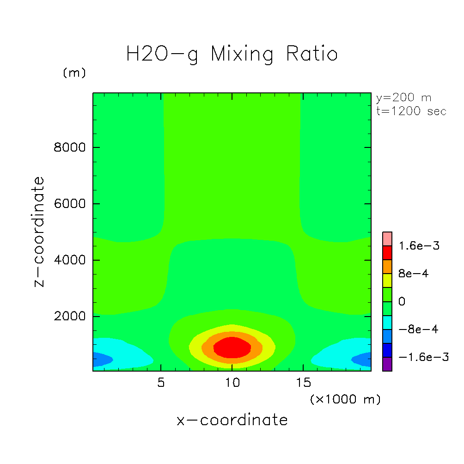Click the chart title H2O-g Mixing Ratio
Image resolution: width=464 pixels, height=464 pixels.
(232, 54)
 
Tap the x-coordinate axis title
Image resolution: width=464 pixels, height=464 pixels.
(232, 420)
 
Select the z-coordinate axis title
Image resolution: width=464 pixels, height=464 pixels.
(40, 232)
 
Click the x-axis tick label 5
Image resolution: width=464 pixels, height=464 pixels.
(161, 383)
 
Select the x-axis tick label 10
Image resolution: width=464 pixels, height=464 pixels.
(232, 383)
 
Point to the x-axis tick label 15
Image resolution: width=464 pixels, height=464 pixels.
(303, 383)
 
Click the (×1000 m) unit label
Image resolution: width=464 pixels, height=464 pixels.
(345, 399)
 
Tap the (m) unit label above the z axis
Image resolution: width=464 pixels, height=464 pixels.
(74, 73)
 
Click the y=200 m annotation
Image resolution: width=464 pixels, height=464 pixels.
(404, 98)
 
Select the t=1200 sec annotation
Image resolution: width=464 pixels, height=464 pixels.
(411, 111)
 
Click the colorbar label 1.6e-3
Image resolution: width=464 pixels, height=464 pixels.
(420, 246)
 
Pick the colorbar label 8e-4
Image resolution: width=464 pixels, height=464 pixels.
(414, 274)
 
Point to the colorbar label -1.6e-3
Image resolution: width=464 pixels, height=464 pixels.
(423, 357)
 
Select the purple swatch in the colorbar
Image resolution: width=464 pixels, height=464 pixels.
(387, 364)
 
